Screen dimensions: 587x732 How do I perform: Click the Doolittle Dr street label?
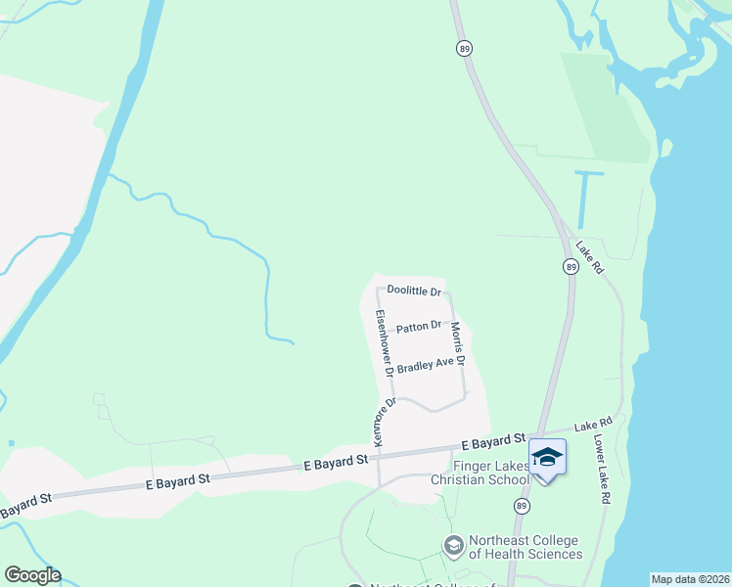[415, 291]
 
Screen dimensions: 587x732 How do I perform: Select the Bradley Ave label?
[426, 364]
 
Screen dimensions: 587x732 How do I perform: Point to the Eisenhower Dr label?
[384, 343]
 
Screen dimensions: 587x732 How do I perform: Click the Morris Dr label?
[457, 344]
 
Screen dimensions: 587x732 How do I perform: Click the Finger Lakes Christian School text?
[490, 472]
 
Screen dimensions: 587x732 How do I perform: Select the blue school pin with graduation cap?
[547, 458]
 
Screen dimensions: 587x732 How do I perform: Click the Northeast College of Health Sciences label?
[524, 547]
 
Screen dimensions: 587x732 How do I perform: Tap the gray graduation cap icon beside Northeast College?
[453, 544]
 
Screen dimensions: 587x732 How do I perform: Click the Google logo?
[32, 575]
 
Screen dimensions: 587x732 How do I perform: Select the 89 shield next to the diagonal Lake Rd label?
[570, 267]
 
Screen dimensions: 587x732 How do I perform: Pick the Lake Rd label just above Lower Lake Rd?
[592, 424]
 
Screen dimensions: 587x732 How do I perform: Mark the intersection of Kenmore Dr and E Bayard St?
[379, 454]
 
